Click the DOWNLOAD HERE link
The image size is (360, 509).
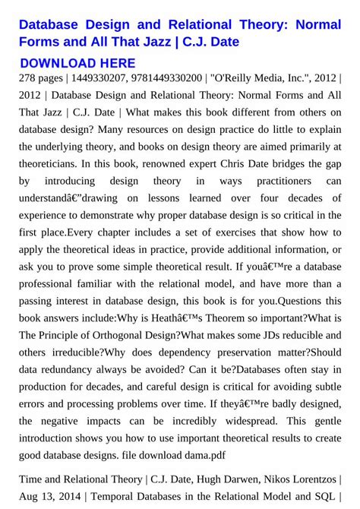coord(77,63)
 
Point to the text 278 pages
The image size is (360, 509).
coord(40,78)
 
